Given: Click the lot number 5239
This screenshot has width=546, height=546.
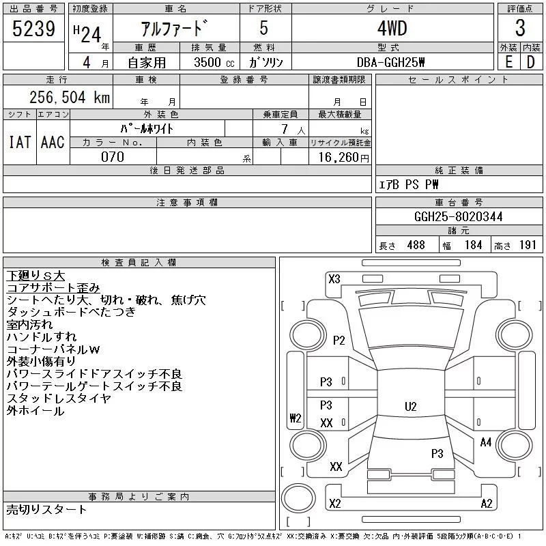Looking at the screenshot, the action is tap(33, 28).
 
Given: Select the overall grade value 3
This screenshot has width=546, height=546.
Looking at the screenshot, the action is tap(520, 28).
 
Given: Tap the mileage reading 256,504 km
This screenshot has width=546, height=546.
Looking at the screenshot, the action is tap(70, 97).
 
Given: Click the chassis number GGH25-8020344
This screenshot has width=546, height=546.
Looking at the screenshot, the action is tap(458, 216).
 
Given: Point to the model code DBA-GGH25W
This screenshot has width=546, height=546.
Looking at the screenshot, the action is tap(390, 62).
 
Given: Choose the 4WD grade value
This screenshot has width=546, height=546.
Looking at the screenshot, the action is tap(392, 28).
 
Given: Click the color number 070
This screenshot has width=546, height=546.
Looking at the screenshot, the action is tap(113, 157).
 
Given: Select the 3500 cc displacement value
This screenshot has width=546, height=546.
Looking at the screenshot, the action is tap(214, 62).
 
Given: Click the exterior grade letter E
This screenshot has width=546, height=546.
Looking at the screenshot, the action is tap(508, 62).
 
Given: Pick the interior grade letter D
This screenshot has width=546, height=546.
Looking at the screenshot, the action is tap(531, 62).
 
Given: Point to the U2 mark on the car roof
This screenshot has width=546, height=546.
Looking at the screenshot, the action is tap(411, 406).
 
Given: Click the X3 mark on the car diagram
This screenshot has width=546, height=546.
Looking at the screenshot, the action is tap(334, 279).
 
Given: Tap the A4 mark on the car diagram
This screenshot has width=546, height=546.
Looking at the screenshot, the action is tap(486, 442).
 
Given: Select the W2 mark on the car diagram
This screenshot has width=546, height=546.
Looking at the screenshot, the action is tap(296, 418).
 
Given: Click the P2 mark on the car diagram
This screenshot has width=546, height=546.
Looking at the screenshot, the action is tap(339, 340).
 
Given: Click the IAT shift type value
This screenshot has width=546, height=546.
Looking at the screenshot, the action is tap(20, 142).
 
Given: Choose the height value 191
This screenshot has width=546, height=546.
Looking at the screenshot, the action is tap(528, 245).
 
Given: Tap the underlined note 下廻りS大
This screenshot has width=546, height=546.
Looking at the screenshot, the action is tap(35, 276).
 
